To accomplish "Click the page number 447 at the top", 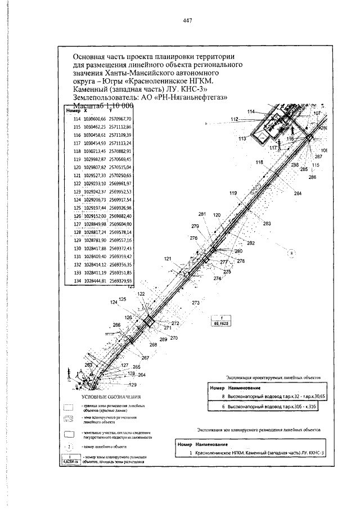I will pyautogui.click(x=188, y=21).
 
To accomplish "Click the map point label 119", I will pyautogui.click(x=233, y=193).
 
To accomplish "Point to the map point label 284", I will pyautogui.click(x=298, y=193).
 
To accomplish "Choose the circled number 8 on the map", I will pyautogui.click(x=291, y=254).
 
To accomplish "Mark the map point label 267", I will pyautogui.click(x=145, y=358).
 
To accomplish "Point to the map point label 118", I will pyautogui.click(x=259, y=162).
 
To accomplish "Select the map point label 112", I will pyautogui.click(x=235, y=119).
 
